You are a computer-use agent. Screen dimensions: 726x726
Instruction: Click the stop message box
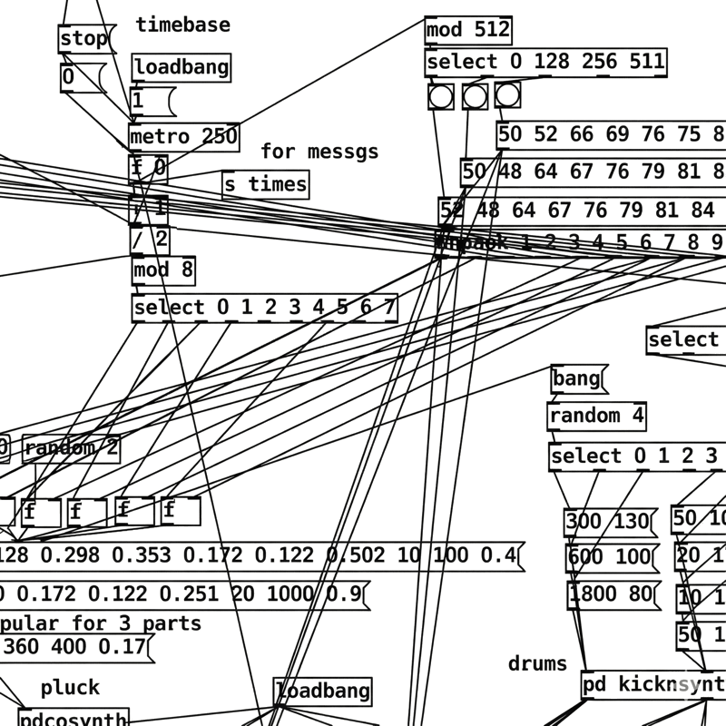click(83, 39)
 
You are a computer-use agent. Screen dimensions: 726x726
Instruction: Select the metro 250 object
click(184, 137)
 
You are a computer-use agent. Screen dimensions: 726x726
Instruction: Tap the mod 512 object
click(467, 30)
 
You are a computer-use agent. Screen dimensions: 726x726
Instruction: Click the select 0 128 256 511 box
click(545, 63)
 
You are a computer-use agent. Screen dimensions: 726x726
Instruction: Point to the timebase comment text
click(182, 25)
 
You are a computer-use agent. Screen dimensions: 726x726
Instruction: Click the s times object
click(265, 184)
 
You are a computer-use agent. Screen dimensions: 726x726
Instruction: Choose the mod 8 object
click(162, 270)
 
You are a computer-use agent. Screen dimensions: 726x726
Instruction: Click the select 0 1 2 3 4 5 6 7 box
click(264, 308)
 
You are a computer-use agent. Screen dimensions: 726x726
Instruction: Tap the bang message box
click(577, 378)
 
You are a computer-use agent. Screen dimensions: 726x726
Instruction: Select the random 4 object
click(596, 416)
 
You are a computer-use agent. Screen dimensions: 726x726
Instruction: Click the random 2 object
click(72, 448)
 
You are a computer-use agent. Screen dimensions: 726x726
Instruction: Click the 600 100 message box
click(611, 557)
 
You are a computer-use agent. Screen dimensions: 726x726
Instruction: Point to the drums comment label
click(537, 663)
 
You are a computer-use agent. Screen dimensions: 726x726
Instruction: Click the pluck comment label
click(70, 687)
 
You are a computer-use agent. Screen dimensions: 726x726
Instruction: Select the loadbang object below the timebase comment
click(181, 68)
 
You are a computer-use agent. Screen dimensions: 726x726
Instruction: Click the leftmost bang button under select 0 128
click(441, 95)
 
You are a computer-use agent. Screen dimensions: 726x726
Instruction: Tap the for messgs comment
click(319, 152)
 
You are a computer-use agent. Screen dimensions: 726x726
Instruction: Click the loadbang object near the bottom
click(322, 692)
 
